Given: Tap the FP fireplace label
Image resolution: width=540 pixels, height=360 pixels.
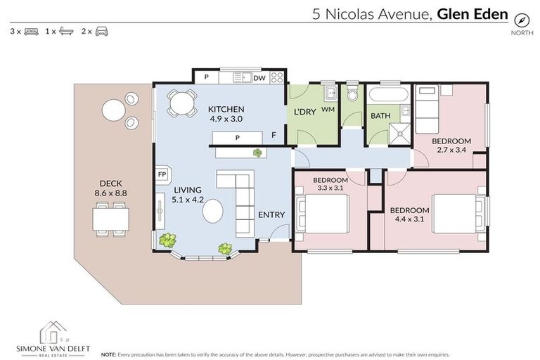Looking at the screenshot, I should point(162,174).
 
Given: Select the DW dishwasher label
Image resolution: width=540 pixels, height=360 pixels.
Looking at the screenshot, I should point(259,78).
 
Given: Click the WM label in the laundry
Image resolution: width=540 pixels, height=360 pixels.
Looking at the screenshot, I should point(328,110).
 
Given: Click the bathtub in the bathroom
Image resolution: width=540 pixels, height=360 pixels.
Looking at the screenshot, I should point(387,96).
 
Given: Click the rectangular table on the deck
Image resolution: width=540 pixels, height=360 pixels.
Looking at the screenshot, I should point(110,219).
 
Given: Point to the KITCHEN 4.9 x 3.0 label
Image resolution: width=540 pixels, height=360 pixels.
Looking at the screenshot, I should point(226,114).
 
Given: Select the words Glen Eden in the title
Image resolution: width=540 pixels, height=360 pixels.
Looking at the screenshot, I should point(472,13).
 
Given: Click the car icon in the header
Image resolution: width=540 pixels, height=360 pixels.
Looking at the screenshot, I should point(102,32).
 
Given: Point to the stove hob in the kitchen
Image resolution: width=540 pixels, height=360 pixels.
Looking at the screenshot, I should point(276,77).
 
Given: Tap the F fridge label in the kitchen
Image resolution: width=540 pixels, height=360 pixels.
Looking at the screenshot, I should point(274,135).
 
